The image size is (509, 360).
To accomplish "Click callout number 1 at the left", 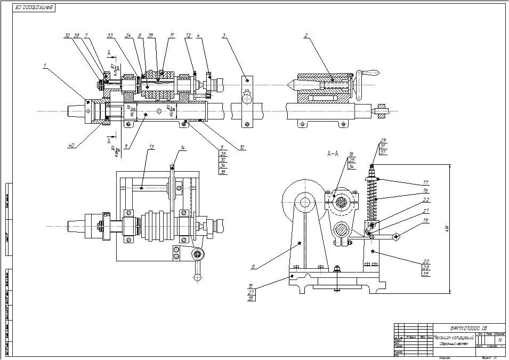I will pos(45,67).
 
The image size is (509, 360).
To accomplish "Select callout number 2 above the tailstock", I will pos(306,36).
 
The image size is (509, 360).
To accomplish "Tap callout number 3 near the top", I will pos(224,36).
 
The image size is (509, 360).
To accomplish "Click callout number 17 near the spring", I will pos(426,182).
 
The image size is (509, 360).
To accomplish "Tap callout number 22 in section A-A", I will pos(426,201).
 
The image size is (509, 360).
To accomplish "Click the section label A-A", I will pos(333,154).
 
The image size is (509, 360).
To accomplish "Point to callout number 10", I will pos(243,147).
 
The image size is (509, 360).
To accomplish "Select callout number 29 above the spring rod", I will pos(383,141).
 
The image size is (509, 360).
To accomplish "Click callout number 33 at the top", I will pos(110,36).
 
